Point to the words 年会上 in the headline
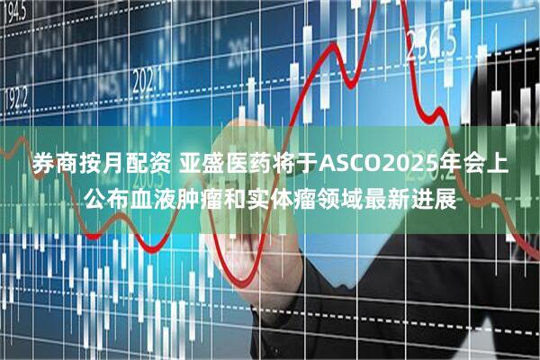tap(477, 165)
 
